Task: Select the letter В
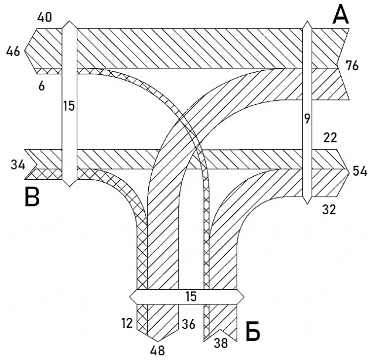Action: point(32,198)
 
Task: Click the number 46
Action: point(13,52)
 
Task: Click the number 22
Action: point(329,138)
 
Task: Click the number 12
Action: point(127,323)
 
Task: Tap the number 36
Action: point(188,323)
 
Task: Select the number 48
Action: point(157,350)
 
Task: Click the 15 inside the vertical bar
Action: point(69,106)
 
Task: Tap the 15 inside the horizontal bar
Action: point(190,297)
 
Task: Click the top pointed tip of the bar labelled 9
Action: point(306,21)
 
